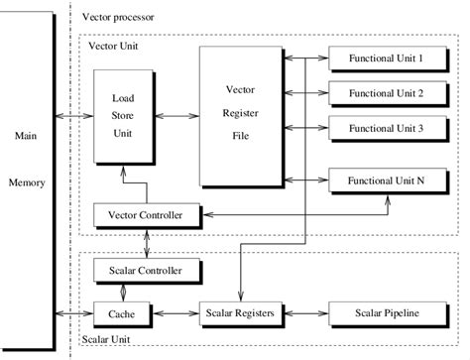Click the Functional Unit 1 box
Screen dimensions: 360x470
[386, 60]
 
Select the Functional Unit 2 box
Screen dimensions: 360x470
[386, 93]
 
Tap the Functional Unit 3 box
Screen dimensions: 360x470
[386, 128]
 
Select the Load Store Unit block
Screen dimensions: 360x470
[124, 117]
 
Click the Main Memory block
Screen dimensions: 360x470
[25, 159]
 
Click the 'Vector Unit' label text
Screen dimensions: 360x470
[114, 46]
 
